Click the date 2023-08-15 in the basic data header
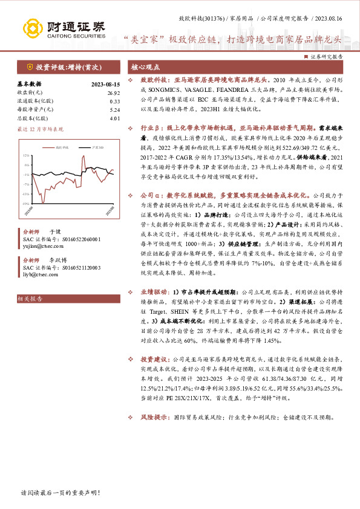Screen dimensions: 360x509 (106, 85)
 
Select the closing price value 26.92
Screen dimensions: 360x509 (115, 93)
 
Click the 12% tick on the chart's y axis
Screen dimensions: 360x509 (27, 156)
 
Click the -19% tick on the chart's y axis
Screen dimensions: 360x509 (26, 204)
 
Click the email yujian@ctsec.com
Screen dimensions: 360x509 (41, 247)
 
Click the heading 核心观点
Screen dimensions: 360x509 (145, 67)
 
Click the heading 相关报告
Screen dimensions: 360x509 (29, 299)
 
